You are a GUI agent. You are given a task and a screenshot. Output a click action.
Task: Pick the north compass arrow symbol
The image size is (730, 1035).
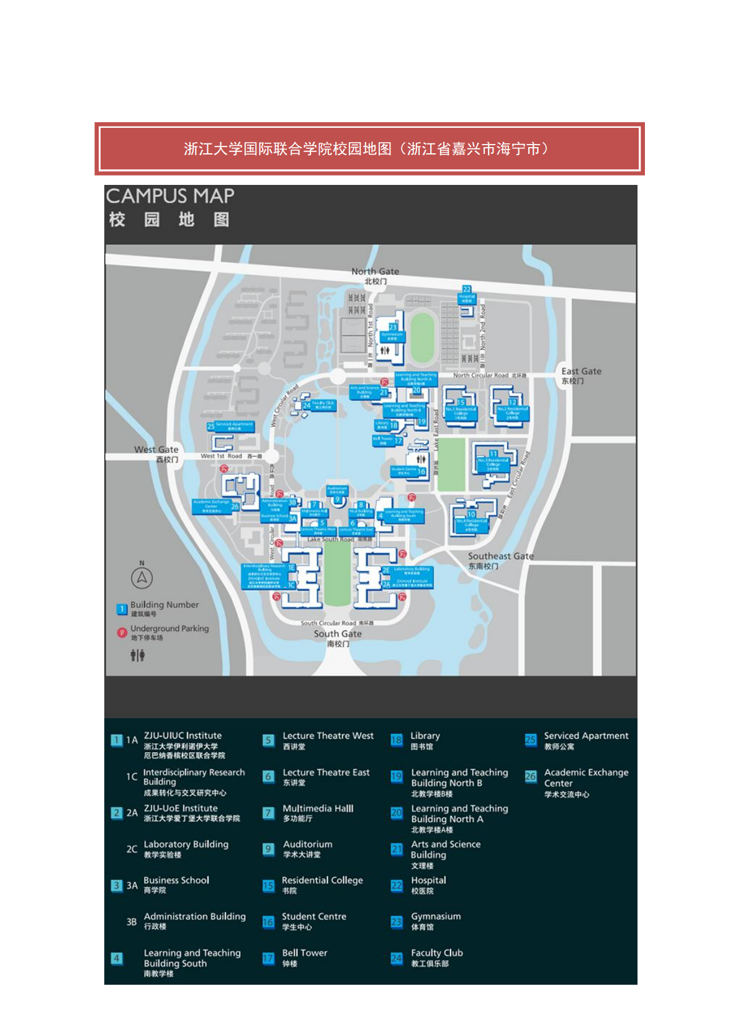[x=142, y=578]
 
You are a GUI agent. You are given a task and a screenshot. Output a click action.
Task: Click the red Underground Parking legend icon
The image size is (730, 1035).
[x=122, y=632]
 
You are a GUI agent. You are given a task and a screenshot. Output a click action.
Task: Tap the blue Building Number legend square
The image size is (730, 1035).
[x=122, y=609]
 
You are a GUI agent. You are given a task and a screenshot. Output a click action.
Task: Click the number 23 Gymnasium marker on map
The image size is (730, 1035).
[x=393, y=327]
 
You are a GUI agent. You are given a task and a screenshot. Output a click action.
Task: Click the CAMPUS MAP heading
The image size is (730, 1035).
[x=170, y=197]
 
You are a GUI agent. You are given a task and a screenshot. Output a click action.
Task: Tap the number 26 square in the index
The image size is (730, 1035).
[x=531, y=776]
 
